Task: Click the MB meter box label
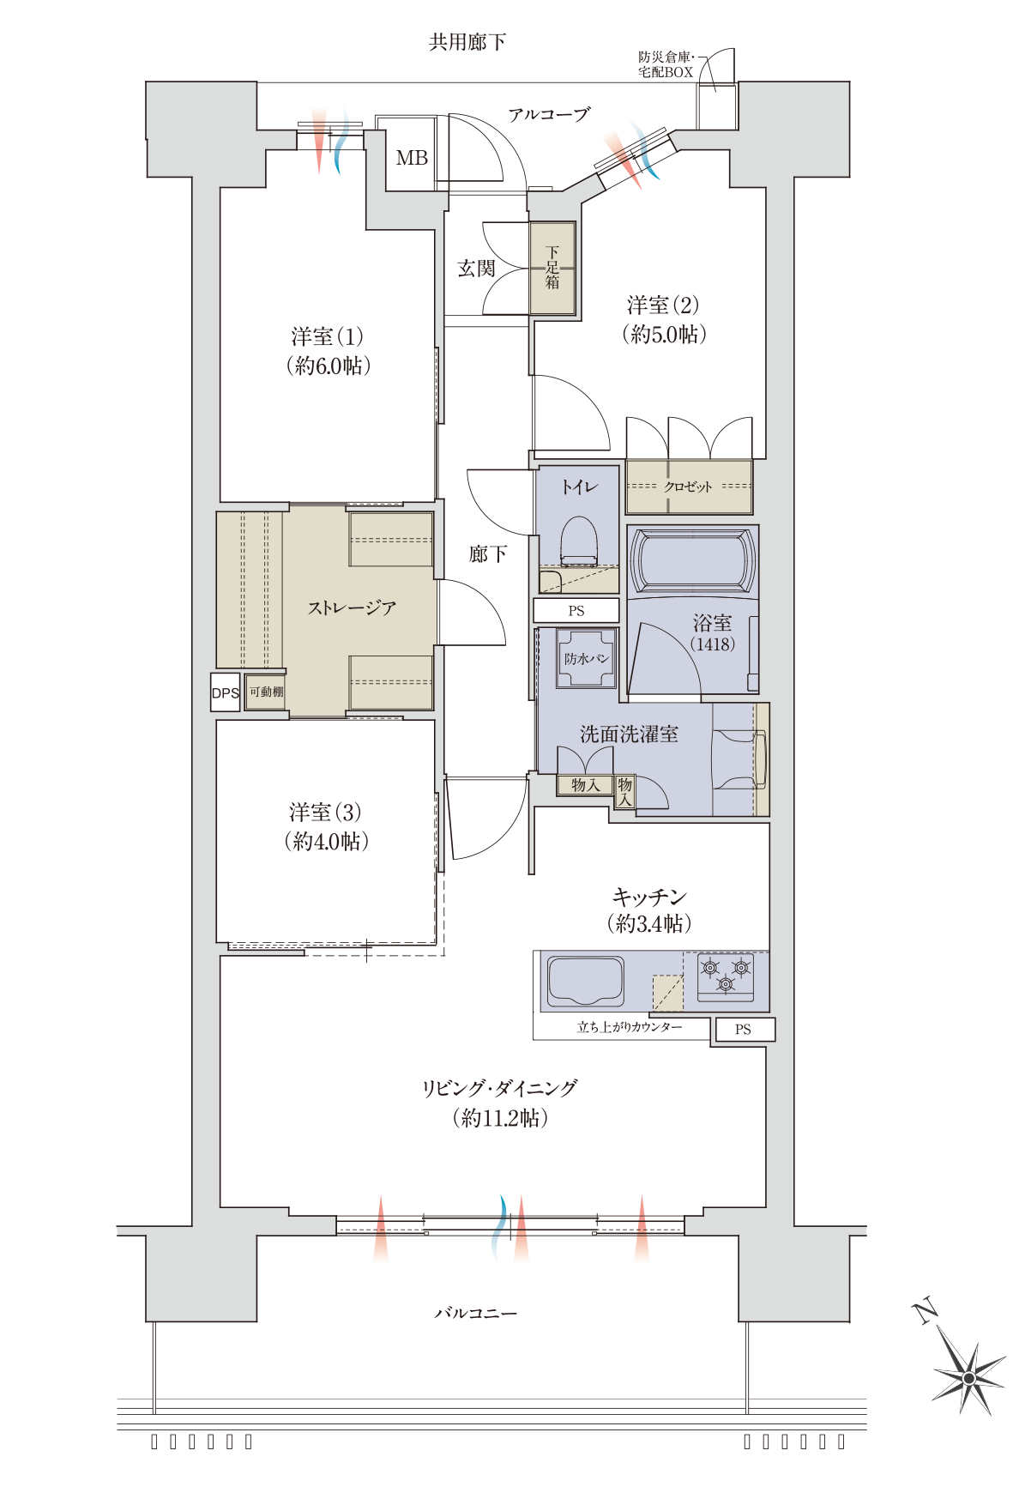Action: [x=412, y=158]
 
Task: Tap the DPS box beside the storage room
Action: [x=225, y=692]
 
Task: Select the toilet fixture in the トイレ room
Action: [x=578, y=541]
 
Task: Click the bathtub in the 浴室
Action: [x=693, y=561]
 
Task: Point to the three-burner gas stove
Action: [x=726, y=977]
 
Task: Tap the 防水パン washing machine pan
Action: [x=587, y=659]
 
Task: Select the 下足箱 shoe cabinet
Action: [x=552, y=269]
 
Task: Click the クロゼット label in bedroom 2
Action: [x=688, y=487]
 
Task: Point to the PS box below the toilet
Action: [x=576, y=611]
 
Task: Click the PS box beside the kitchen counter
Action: [x=743, y=1029]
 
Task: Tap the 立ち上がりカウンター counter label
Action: [x=630, y=1027]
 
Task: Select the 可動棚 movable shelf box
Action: [x=266, y=692]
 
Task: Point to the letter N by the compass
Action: [x=925, y=1312]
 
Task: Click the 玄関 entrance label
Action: [x=476, y=269]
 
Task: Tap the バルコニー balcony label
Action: [x=476, y=1313]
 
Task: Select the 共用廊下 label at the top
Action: [x=467, y=41]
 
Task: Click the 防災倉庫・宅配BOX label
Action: [x=666, y=64]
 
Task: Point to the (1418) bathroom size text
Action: [x=713, y=644]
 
